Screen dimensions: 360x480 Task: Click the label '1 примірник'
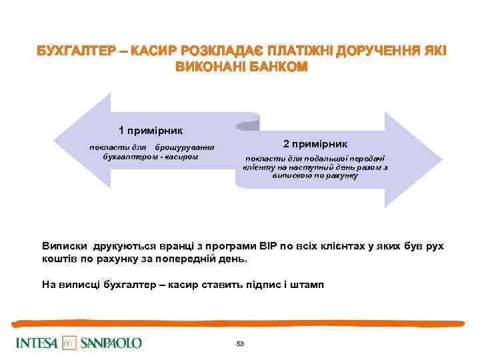tap(151, 130)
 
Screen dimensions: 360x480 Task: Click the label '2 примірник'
tap(315, 144)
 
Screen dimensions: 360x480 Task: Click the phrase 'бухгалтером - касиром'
tap(147, 156)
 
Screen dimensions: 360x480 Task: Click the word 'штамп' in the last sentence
tap(308, 285)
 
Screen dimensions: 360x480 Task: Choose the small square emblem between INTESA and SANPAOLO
tap(70, 343)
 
